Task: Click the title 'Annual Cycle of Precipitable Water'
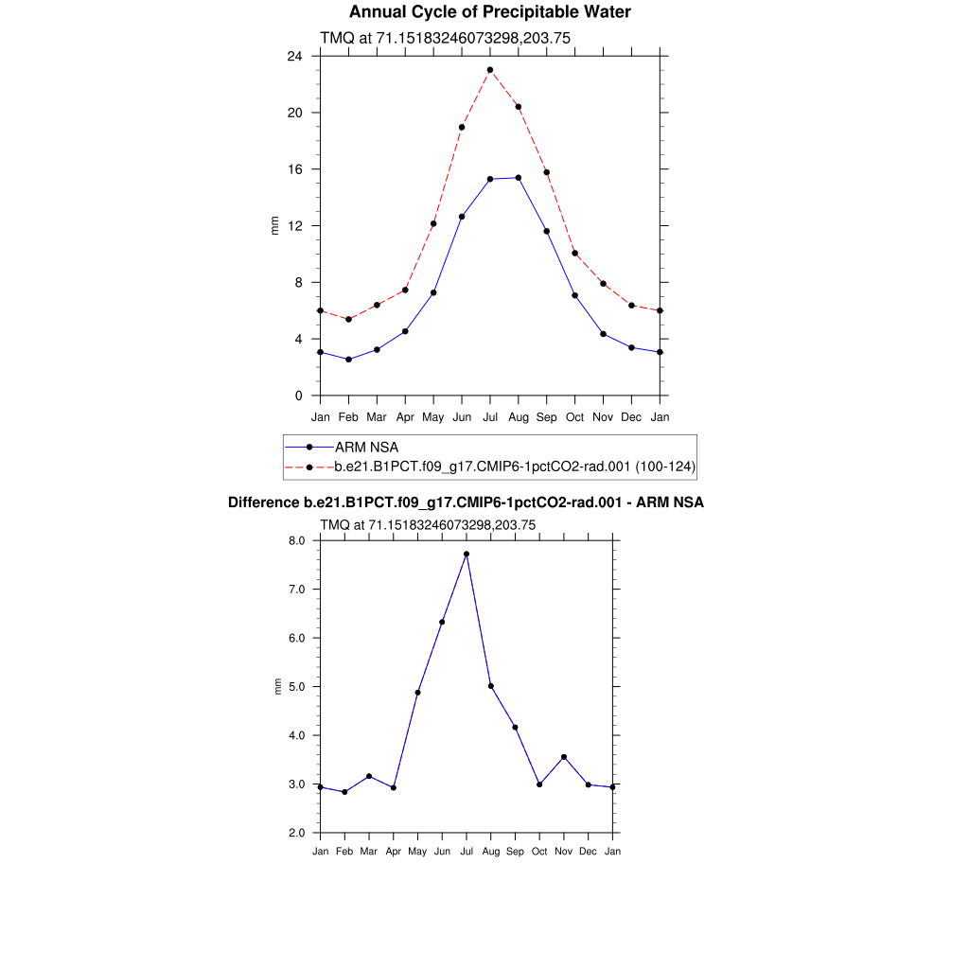489,12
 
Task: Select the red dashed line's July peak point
490,70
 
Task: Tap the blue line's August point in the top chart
519,178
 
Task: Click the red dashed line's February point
348,320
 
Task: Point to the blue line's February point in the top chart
348,360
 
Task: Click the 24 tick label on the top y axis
294,56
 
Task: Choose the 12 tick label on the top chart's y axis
294,226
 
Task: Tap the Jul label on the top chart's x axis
490,417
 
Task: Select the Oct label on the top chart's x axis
575,417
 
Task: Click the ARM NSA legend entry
360,447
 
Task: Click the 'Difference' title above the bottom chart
466,502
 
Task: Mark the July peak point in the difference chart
467,554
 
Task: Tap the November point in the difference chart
564,757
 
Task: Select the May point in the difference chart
417,693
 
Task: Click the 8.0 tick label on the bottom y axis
296,541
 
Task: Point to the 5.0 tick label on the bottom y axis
296,687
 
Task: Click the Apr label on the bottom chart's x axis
394,852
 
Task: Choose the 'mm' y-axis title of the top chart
275,226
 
